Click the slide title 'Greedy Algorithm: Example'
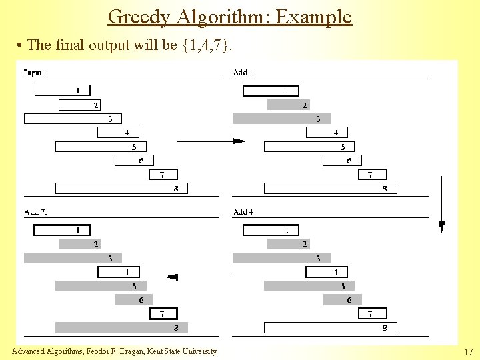click(x=229, y=16)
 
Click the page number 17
click(x=468, y=351)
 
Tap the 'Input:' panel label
click(x=34, y=73)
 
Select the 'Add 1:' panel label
click(x=245, y=73)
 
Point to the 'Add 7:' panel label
click(x=35, y=212)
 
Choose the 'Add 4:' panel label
click(x=245, y=212)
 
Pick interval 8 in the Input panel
click(x=121, y=189)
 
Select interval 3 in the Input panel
click(x=73, y=119)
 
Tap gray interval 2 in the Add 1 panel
click(x=288, y=105)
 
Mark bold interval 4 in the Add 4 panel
click(x=327, y=272)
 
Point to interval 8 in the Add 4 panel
click(x=331, y=328)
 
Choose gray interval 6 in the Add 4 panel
click(x=343, y=300)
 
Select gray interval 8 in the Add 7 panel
click(x=121, y=328)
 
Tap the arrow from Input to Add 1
click(x=210, y=141)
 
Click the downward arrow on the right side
click(x=441, y=203)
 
